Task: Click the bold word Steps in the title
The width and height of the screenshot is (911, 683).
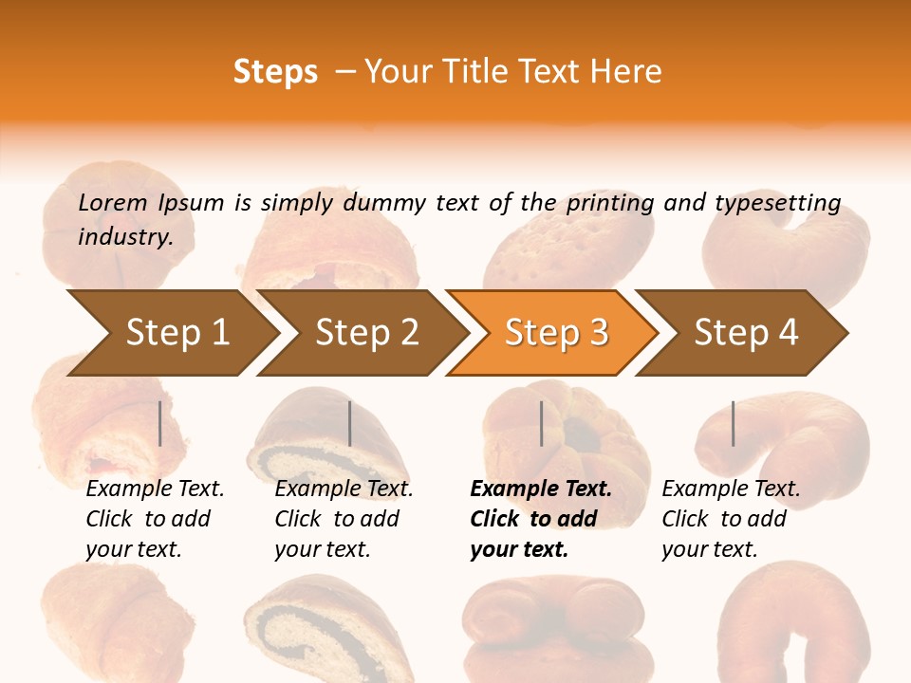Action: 275,71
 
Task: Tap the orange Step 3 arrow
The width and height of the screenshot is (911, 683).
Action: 555,333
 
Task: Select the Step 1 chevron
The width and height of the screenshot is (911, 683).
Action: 177,333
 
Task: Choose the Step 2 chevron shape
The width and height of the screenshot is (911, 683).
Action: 366,333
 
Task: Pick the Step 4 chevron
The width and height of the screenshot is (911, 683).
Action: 746,333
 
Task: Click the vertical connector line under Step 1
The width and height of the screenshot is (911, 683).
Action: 160,423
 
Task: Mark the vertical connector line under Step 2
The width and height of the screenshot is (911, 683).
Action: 350,423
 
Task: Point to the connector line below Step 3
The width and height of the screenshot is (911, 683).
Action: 542,423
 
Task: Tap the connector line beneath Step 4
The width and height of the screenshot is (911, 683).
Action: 733,423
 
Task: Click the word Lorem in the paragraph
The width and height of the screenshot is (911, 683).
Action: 113,202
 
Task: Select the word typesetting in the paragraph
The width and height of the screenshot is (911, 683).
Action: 777,202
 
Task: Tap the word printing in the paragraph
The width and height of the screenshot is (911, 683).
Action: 610,202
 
